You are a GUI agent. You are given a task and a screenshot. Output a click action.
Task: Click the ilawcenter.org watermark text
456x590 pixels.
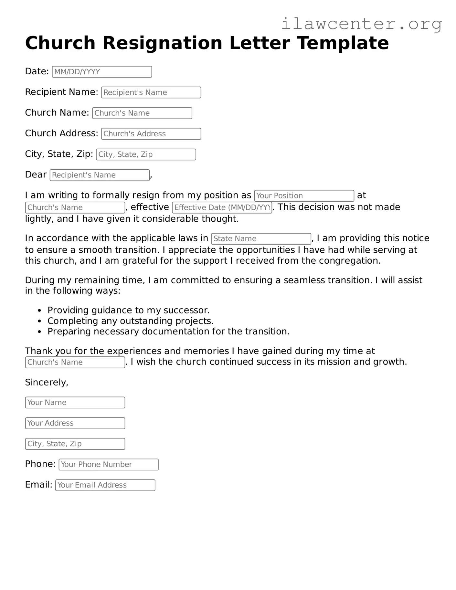361,24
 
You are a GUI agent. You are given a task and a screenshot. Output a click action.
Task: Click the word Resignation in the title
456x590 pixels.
162,43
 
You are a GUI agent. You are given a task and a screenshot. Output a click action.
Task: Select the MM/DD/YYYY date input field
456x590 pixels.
102,72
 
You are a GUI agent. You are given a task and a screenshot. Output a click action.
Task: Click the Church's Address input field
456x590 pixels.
151,134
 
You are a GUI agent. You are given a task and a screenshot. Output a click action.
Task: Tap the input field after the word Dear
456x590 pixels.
100,175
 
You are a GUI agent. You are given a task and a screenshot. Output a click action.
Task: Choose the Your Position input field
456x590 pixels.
304,196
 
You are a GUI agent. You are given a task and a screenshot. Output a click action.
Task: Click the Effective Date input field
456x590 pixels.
222,207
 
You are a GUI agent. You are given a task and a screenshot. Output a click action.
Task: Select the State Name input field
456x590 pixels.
261,239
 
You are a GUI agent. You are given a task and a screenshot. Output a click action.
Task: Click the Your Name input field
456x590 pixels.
75,403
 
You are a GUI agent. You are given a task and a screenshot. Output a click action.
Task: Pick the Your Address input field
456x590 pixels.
75,423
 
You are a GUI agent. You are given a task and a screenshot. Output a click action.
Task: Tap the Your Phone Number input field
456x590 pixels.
108,465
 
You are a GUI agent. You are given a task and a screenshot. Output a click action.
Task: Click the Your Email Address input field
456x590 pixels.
105,485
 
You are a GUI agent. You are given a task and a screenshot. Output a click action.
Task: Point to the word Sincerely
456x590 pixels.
47,383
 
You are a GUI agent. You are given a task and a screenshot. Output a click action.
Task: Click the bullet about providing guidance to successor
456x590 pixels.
128,310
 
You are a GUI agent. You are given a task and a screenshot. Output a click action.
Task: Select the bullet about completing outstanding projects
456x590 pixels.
130,321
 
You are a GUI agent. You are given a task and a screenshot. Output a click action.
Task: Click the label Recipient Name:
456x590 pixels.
61,92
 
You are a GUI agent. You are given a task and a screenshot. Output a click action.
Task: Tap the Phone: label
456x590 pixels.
40,464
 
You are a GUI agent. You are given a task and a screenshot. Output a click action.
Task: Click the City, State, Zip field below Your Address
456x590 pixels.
75,444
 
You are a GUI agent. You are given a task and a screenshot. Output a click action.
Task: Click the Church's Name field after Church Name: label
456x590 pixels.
142,113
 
